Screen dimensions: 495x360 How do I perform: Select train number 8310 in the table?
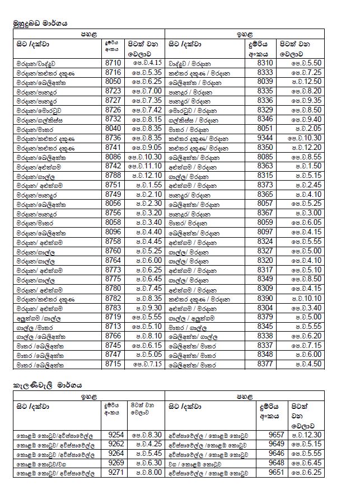click(265, 63)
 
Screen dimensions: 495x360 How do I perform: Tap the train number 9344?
click(265, 137)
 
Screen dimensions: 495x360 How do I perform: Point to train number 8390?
click(265, 298)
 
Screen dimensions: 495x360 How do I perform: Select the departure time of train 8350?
click(306, 147)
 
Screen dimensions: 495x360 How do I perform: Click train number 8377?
click(265, 364)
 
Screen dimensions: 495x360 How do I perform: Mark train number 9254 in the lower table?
click(116, 434)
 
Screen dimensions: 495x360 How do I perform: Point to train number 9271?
click(116, 473)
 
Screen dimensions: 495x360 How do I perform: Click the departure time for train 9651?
click(306, 473)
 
